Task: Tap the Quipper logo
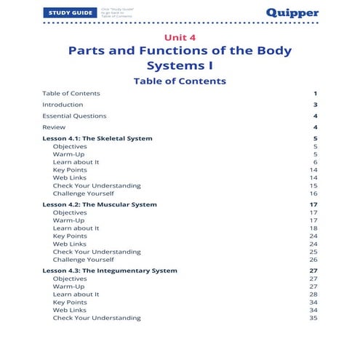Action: (291, 13)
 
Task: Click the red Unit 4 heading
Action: (179, 36)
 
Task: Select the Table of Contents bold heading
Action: (180, 81)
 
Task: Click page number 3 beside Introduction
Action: (316, 104)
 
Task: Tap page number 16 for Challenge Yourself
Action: (313, 193)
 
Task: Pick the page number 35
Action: (313, 318)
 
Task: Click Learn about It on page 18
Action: (76, 228)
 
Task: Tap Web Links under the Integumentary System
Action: (70, 310)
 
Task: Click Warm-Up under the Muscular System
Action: (68, 220)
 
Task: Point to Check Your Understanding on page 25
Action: (97, 252)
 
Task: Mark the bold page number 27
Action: (313, 271)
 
